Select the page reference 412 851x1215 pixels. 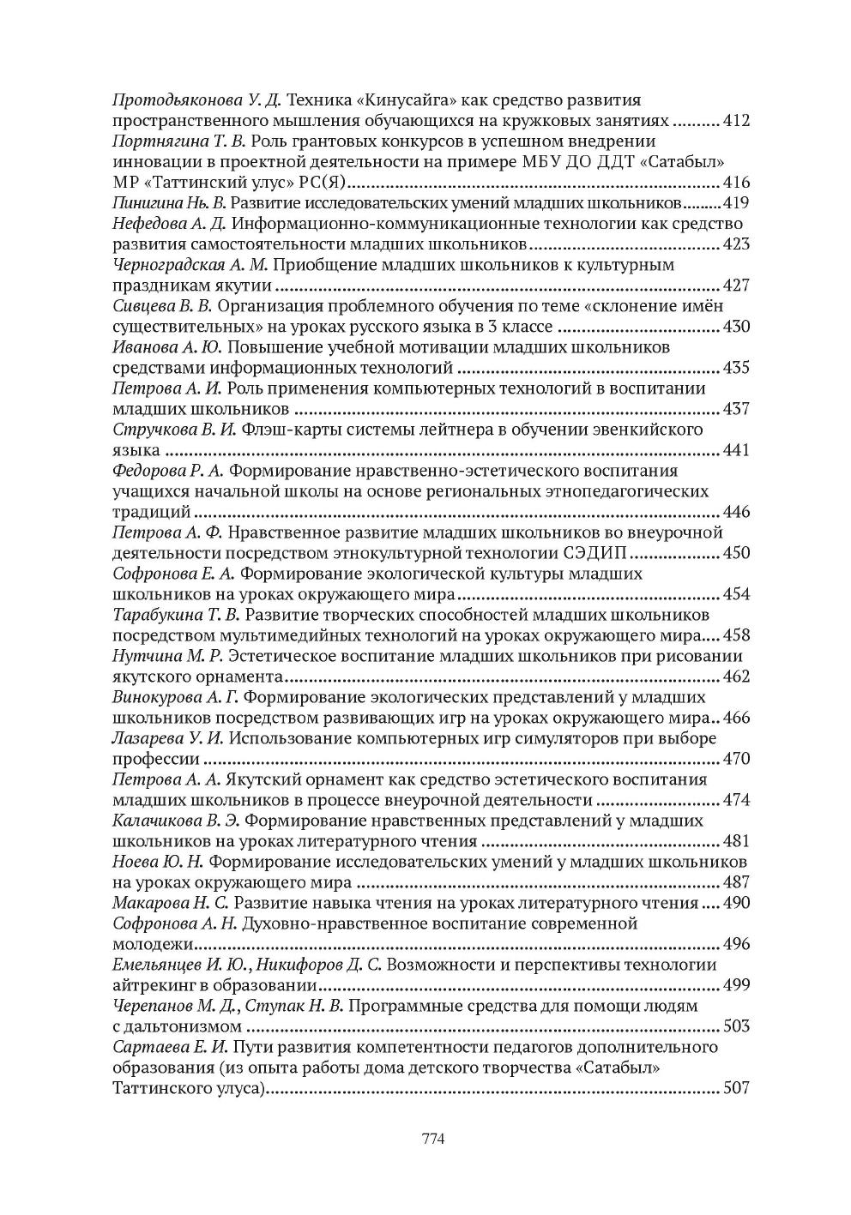pos(737,121)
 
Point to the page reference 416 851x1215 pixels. pos(737,183)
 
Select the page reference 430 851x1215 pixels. pos(737,327)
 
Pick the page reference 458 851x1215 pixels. pos(737,635)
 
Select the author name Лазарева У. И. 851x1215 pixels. pos(169,738)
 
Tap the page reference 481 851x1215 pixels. pos(737,841)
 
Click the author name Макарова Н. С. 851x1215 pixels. pos(170,903)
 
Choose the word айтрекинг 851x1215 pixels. pos(152,985)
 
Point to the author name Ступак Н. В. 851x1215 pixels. pos(294,1006)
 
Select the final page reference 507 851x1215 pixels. pos(737,1088)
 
